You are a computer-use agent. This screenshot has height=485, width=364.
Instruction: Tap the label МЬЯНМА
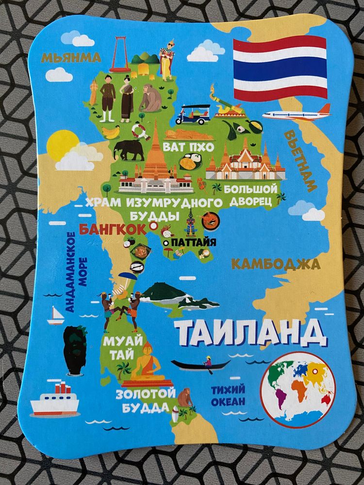pos(71,57)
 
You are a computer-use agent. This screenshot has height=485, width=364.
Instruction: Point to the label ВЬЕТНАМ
pos(299,161)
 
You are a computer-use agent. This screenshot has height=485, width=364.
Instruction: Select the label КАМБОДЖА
pos(275,264)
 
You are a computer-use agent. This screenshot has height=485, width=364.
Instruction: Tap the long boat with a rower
pos(200,364)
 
